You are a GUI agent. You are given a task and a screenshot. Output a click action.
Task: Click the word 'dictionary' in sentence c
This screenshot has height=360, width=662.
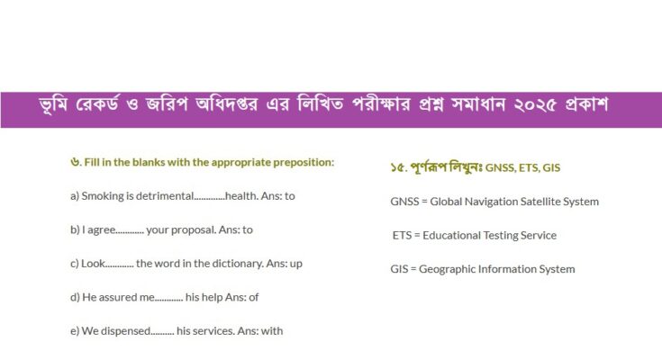pyautogui.click(x=237, y=264)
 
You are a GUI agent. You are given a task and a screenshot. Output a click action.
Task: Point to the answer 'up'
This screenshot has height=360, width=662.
pyautogui.click(x=296, y=265)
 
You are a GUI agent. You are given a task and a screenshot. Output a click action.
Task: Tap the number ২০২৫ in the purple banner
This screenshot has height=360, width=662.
pyautogui.click(x=534, y=104)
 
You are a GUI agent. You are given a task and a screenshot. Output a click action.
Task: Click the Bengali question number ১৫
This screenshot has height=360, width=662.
pyautogui.click(x=397, y=168)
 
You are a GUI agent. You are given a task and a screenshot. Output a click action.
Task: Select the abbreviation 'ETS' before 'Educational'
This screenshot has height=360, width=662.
pyautogui.click(x=402, y=235)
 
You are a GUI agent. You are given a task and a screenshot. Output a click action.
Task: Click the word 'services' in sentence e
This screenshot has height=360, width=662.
pyautogui.click(x=213, y=331)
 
